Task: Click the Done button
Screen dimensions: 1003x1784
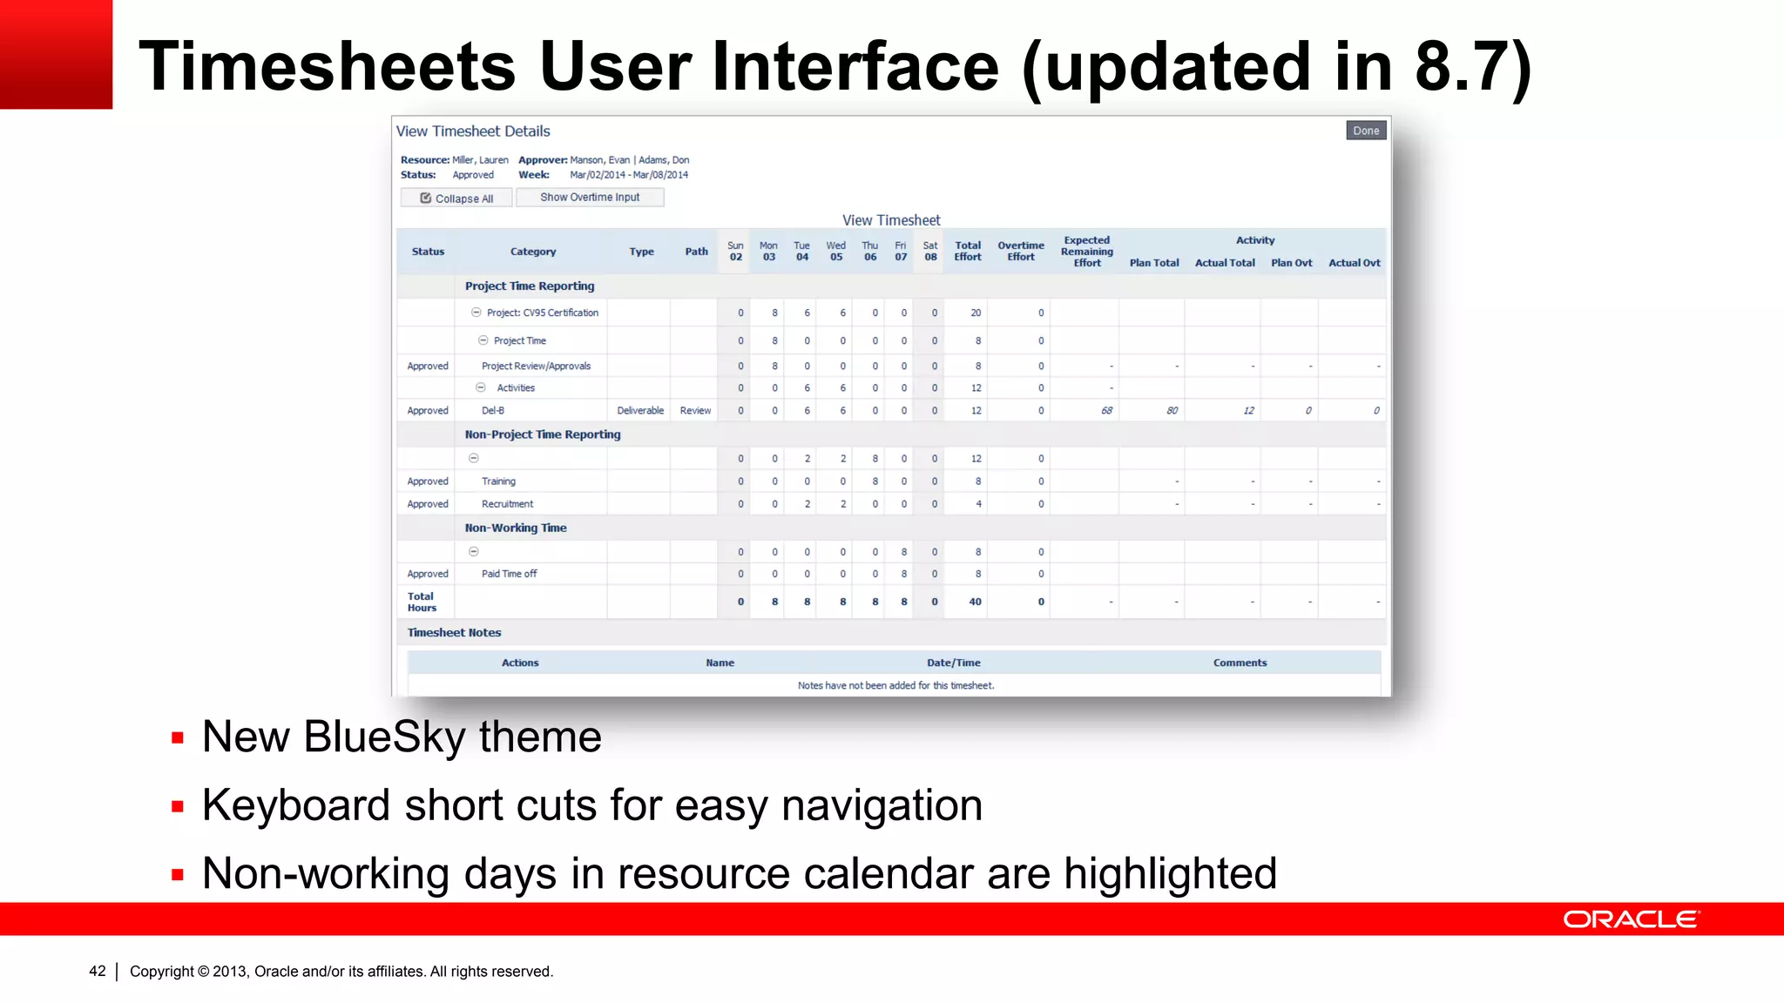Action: coord(1365,131)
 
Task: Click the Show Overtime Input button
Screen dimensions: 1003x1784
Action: coord(589,198)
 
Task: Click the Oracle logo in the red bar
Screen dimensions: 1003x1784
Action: coord(1631,919)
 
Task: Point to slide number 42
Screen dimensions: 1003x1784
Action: coord(97,971)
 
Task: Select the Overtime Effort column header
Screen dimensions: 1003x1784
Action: coord(1020,251)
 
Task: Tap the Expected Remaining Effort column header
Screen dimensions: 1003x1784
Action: coord(1086,251)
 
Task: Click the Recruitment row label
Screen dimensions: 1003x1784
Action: coord(507,504)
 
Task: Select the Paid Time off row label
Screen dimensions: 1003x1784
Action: coord(509,574)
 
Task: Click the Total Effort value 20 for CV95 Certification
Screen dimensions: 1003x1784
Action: coord(976,313)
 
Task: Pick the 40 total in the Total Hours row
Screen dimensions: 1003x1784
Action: coord(975,602)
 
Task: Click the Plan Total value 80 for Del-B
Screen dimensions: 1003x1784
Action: coord(1172,411)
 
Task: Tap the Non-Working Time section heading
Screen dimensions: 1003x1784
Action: coord(515,528)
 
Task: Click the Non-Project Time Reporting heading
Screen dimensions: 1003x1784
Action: coord(542,434)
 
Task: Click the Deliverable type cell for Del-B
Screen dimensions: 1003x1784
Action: coord(639,411)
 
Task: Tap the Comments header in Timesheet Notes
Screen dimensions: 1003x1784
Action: coord(1240,663)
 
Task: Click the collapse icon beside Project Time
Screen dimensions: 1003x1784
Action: coord(483,340)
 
